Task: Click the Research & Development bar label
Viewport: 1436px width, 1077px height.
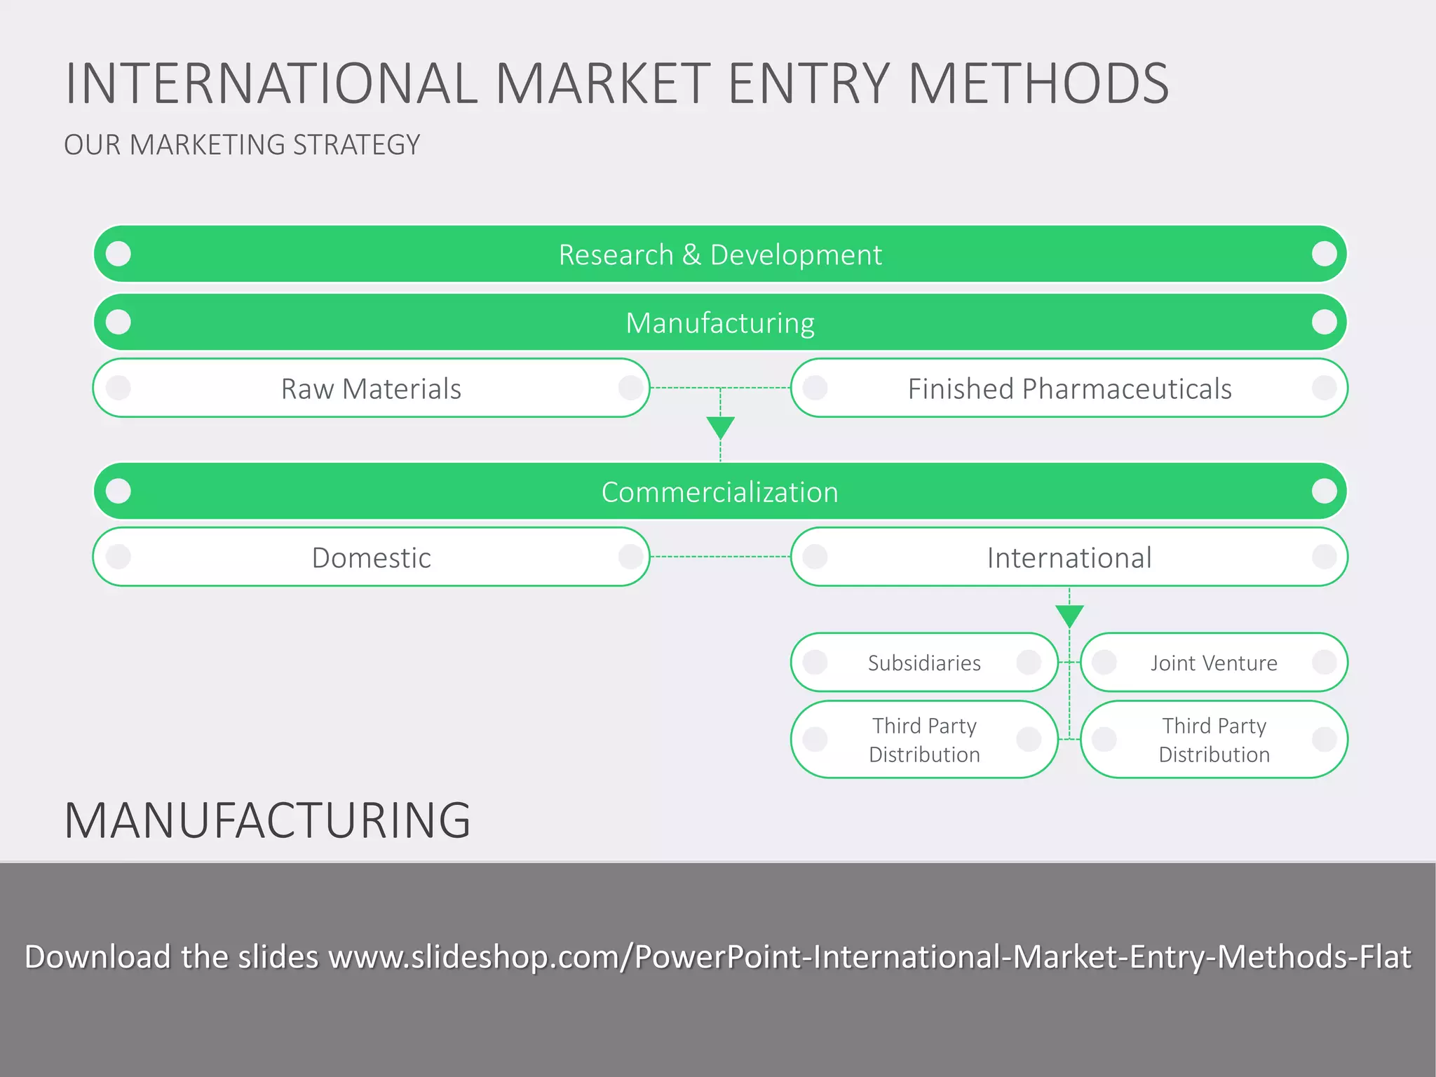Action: [x=719, y=255]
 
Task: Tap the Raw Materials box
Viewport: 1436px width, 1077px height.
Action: [x=371, y=388]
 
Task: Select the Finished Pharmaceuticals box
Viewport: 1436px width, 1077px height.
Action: [x=1069, y=388]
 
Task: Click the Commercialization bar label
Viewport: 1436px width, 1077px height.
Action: [x=719, y=492]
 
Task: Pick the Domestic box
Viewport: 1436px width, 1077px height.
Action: [x=371, y=557]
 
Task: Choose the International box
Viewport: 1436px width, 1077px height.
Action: [x=1069, y=557]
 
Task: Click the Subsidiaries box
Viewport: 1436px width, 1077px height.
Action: [x=924, y=663]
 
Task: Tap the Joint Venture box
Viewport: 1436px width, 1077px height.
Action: [x=1214, y=663]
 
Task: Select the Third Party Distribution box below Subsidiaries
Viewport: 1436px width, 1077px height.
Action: [x=924, y=740]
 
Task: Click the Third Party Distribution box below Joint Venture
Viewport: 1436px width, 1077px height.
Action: [x=1214, y=740]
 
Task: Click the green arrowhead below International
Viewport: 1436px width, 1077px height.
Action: [x=1069, y=615]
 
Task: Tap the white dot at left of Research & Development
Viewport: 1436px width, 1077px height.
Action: [x=118, y=254]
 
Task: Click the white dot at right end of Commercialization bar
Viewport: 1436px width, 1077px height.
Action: [x=1324, y=491]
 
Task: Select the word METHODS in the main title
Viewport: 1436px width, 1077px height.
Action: [x=1038, y=84]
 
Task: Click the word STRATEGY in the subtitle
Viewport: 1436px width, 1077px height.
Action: [x=356, y=145]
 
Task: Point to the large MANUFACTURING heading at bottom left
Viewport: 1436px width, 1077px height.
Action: [x=267, y=820]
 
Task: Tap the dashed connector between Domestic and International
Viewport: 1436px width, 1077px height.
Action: [x=720, y=557]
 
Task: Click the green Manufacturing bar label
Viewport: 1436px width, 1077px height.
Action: [x=719, y=323]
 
